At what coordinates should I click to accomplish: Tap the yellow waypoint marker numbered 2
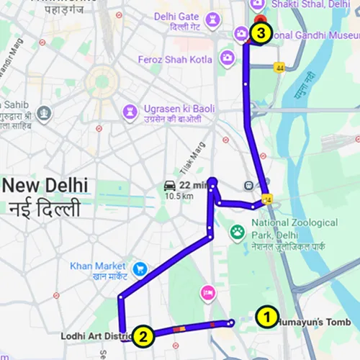coord(144,335)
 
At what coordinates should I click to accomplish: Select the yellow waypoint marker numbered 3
coord(261,33)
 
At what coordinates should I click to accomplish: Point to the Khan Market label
coord(99,270)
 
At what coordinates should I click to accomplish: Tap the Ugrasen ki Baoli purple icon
coord(130,110)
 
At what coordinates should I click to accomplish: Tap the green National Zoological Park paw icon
coord(236,232)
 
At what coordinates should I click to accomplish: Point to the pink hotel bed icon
coord(208,292)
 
